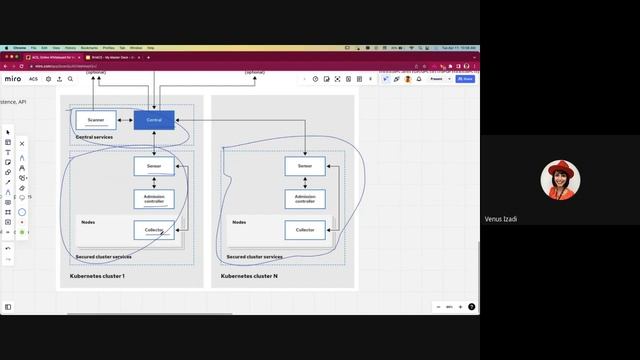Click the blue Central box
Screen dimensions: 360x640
154,120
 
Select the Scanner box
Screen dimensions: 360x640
96,120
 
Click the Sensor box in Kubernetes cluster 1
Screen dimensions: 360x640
154,166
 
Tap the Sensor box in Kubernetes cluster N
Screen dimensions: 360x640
305,166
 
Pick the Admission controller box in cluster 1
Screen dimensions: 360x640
154,198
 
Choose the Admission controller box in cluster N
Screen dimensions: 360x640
305,198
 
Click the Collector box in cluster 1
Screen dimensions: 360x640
154,230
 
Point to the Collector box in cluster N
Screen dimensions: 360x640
305,230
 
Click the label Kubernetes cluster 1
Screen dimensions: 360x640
97,275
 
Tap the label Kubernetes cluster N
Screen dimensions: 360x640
249,275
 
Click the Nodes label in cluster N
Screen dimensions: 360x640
239,222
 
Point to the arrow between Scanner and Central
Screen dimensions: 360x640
125,120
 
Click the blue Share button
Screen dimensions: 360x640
465,79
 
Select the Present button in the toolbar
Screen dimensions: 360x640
437,79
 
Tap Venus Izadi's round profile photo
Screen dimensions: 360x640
558,180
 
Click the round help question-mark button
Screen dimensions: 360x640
471,307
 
